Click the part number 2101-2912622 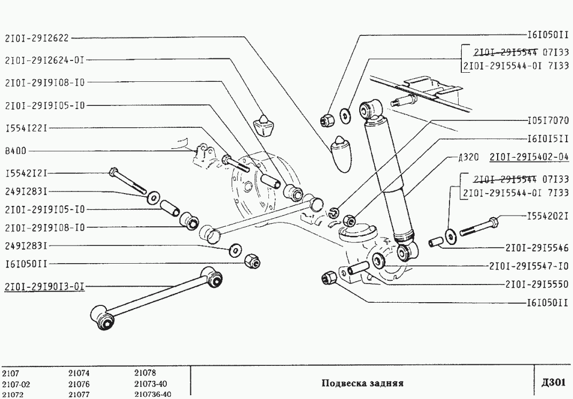37,39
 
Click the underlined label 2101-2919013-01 44,286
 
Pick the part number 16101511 547,138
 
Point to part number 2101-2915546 536,248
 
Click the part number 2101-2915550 536,284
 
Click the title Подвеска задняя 362,383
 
